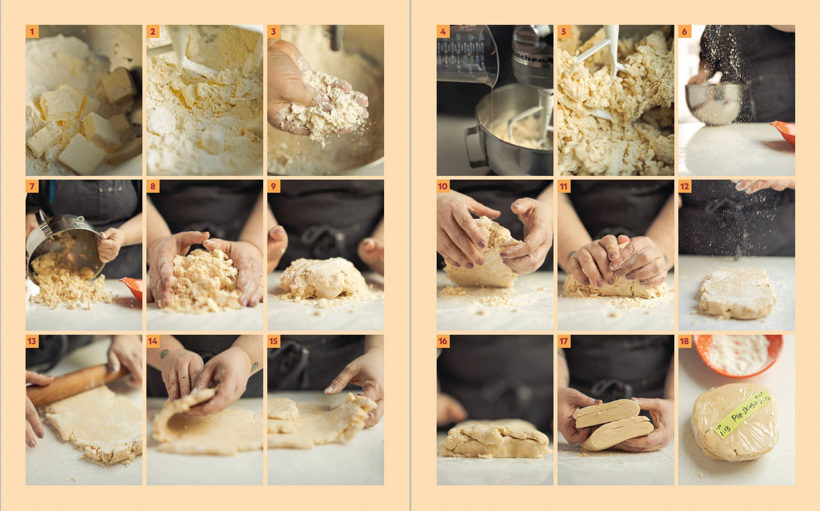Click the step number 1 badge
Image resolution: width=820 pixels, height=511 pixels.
click(32, 31)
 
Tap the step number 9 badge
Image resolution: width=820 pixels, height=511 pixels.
click(274, 186)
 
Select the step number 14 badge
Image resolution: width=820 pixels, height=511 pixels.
click(153, 341)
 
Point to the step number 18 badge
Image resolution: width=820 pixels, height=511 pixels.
click(684, 341)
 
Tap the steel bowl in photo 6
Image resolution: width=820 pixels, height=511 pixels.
click(714, 103)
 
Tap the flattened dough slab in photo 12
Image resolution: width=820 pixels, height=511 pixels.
click(737, 293)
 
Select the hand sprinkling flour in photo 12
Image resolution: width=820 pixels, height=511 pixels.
click(760, 185)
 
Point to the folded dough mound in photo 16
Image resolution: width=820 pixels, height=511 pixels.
click(493, 441)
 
